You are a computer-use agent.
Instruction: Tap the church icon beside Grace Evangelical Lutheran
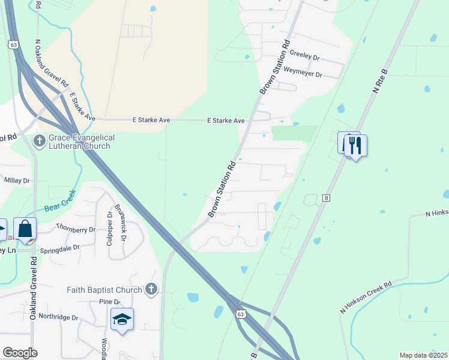(x=40, y=142)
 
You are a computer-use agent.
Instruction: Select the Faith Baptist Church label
(x=104, y=290)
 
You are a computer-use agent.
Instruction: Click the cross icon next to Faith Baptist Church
(x=151, y=290)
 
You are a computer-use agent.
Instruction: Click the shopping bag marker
(x=25, y=229)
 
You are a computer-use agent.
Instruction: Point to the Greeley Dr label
(x=305, y=53)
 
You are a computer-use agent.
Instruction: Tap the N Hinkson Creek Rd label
(x=366, y=296)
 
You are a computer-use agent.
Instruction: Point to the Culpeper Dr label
(x=110, y=225)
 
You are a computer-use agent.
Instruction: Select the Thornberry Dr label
(x=76, y=229)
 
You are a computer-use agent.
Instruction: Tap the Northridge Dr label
(x=58, y=317)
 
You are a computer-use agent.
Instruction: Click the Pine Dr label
(x=110, y=302)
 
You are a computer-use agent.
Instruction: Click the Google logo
(x=20, y=353)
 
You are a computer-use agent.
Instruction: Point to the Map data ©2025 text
(x=423, y=355)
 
